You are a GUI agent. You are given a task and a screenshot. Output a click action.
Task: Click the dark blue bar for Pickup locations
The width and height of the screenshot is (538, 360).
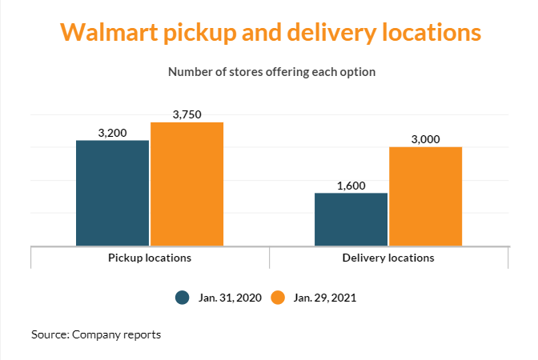112,193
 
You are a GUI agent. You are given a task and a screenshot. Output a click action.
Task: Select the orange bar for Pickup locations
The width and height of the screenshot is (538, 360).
187,184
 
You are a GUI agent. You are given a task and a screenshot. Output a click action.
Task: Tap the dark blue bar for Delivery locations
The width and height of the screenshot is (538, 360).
351,219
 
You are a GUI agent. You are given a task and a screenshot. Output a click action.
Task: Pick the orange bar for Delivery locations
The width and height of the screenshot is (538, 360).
425,196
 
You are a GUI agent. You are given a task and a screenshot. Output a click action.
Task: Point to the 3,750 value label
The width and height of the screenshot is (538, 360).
187,114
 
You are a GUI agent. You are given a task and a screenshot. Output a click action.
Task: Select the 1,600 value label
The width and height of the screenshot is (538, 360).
351,186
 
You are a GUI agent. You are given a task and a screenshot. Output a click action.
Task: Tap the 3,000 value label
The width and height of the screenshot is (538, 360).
425,139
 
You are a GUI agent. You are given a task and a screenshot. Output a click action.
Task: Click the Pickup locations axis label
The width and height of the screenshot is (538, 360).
150,258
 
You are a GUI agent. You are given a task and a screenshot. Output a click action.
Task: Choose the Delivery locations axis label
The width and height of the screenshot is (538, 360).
388,258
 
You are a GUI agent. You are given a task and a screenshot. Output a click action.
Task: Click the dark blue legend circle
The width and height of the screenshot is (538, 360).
183,298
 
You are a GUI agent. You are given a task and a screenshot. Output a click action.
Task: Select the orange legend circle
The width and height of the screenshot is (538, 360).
279,298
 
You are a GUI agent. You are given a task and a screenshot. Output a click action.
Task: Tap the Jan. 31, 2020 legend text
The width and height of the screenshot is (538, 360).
230,298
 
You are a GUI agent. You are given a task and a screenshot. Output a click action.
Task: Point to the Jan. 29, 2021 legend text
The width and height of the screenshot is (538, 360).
325,298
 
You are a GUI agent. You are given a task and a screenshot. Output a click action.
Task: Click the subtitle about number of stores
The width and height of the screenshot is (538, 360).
271,72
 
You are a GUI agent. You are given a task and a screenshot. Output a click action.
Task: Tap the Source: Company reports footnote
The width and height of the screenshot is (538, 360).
96,334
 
